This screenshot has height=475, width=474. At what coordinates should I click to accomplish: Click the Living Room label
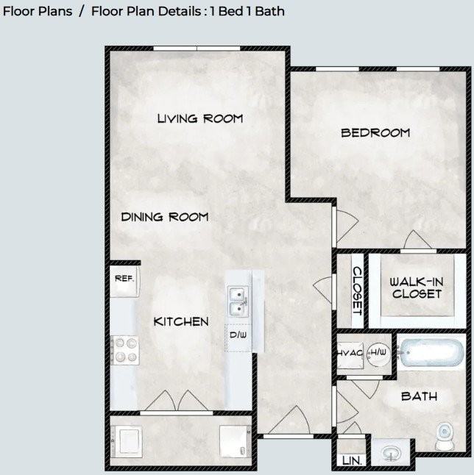200,118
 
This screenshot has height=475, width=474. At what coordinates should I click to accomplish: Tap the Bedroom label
375,133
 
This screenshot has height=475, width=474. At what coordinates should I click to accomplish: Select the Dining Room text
165,217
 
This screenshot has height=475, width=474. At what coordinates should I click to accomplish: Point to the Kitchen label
181,322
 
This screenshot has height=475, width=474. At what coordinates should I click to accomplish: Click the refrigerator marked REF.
124,281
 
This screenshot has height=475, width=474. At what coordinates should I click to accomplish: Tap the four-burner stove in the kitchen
125,350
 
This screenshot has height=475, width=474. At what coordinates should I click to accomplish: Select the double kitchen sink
238,301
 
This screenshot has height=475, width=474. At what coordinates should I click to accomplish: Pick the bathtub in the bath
431,353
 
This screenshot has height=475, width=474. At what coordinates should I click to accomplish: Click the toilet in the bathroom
445,437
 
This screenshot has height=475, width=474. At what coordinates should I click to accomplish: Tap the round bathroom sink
392,454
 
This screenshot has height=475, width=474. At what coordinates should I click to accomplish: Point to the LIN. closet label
352,461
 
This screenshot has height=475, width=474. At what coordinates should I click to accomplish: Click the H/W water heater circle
378,354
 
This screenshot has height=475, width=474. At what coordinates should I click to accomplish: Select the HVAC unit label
350,353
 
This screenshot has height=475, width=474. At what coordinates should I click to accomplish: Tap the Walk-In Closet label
417,287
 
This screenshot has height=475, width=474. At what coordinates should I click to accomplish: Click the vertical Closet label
358,291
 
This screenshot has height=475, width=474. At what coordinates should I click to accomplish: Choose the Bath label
419,396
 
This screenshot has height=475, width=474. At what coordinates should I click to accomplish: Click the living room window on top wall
197,49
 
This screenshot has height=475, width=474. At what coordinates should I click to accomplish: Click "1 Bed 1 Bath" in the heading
247,11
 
